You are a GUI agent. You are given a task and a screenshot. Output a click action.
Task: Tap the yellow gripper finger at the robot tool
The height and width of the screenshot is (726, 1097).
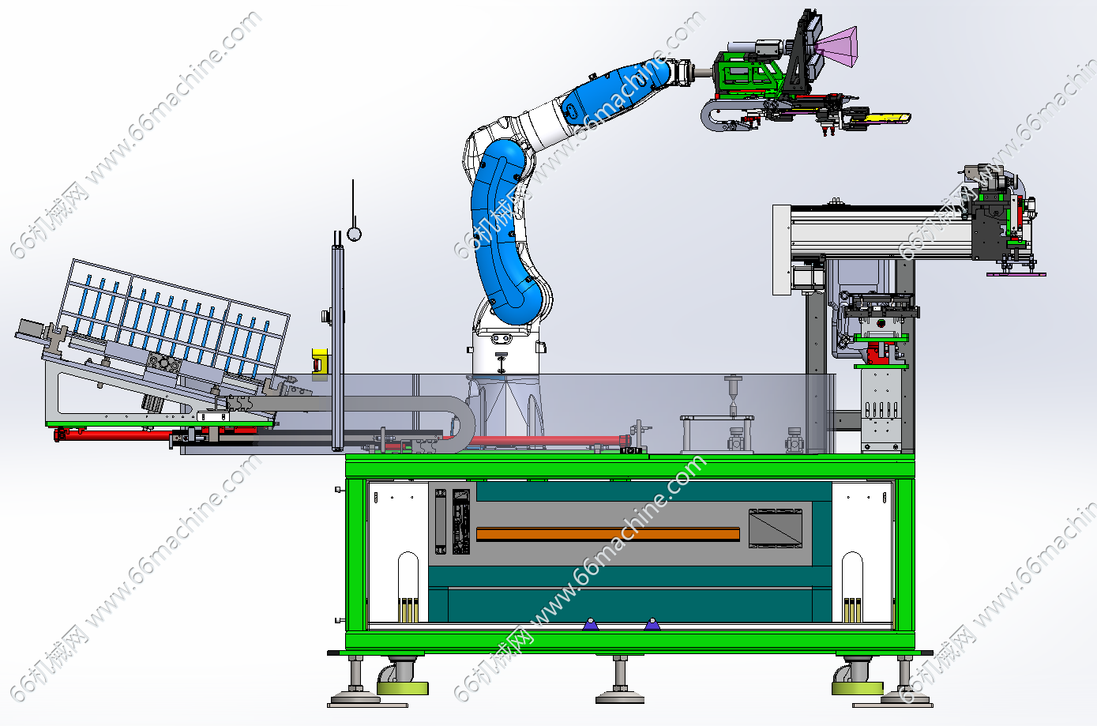[x=881, y=118]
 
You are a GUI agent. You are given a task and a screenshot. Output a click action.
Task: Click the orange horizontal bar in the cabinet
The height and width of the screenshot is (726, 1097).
[x=608, y=534]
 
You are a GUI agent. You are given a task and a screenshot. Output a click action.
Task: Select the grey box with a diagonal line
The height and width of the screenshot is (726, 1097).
[x=776, y=528]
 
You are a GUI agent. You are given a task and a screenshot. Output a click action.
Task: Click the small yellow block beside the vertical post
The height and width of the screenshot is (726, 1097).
[x=320, y=362]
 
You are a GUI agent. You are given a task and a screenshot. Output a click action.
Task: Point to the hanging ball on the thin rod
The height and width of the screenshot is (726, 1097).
[x=354, y=234]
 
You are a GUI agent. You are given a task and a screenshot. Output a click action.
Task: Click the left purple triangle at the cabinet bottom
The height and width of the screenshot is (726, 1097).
[x=590, y=624]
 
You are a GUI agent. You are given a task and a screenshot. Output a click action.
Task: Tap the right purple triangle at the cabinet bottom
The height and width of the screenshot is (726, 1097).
[x=652, y=624]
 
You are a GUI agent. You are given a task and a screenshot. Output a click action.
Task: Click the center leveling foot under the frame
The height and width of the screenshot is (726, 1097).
[x=620, y=683]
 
